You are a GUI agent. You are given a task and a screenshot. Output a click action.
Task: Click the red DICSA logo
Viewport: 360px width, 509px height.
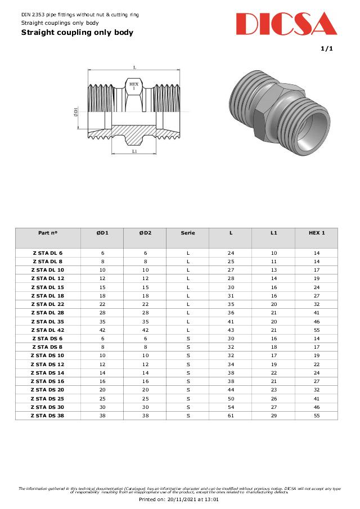point(286,24)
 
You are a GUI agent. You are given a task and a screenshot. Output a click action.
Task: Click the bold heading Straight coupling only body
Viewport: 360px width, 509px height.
point(77,33)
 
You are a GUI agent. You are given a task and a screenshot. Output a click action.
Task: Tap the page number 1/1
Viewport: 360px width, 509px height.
point(327,49)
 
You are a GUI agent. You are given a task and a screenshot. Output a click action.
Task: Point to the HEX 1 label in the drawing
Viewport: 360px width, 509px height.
point(134,86)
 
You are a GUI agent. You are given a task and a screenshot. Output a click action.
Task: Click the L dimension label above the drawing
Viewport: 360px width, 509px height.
point(134,67)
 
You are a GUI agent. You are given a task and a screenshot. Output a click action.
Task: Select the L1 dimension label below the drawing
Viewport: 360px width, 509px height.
point(134,151)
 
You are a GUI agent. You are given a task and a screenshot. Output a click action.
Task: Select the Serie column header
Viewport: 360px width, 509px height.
point(188,232)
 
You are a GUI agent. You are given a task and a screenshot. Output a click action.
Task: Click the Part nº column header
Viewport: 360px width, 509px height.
point(48,232)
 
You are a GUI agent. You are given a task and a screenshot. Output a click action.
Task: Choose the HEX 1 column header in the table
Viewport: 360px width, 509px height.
point(316,232)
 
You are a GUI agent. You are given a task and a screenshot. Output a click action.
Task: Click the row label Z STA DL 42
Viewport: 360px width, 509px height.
point(48,330)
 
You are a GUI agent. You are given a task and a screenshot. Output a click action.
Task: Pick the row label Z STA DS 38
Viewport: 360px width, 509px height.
point(48,416)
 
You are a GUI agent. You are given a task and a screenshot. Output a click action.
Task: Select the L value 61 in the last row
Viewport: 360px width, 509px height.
point(231,416)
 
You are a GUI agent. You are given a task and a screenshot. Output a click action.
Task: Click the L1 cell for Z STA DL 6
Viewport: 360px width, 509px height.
point(273,253)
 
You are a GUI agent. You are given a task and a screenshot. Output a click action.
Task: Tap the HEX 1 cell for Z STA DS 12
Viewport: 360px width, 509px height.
point(316,364)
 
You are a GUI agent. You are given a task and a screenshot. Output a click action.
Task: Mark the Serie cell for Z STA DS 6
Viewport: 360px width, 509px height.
point(188,339)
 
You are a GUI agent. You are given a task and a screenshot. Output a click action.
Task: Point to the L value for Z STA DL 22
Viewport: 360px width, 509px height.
point(231,304)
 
